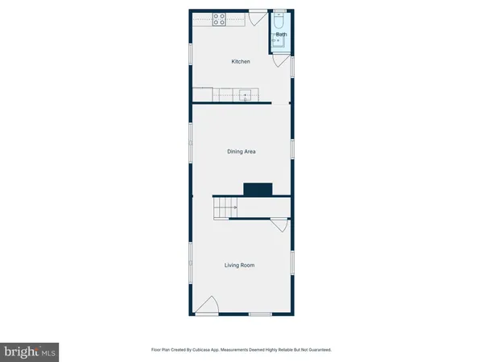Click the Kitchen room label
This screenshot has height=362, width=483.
(x=241, y=62)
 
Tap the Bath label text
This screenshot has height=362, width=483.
(x=281, y=35)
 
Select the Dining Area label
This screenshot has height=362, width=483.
(x=241, y=151)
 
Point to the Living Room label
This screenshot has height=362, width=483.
(x=241, y=265)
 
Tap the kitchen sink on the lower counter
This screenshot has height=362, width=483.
(x=246, y=96)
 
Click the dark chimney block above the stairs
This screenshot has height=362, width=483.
(x=258, y=189)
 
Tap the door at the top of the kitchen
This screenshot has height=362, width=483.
(x=258, y=15)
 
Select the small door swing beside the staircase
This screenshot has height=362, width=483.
(x=279, y=228)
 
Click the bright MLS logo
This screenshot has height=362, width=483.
(x=31, y=351)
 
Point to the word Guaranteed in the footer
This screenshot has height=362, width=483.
(x=317, y=350)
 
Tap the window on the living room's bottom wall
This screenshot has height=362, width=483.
(x=259, y=315)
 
